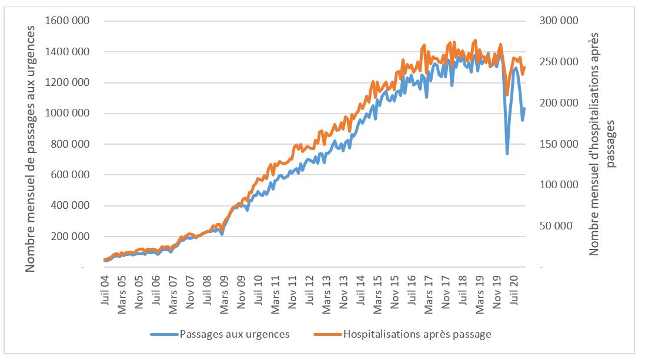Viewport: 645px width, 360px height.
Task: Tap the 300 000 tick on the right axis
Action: (559, 21)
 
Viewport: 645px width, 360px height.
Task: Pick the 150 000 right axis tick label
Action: (559, 144)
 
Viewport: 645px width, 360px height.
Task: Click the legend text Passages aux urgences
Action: (235, 334)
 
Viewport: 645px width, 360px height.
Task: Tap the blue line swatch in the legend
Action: (164, 334)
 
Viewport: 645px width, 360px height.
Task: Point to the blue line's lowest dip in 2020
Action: (507, 154)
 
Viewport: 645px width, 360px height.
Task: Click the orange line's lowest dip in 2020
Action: (507, 94)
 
